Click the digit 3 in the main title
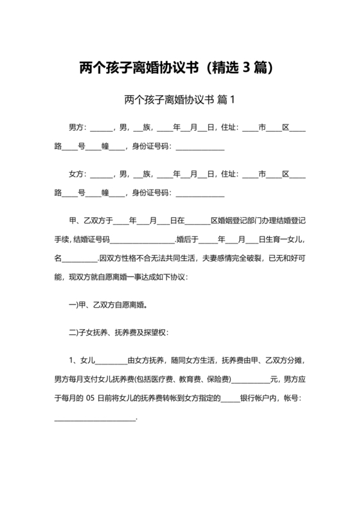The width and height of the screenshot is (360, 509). point(248,67)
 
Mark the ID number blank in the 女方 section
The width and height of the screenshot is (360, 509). point(200,193)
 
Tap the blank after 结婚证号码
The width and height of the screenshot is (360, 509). point(143,239)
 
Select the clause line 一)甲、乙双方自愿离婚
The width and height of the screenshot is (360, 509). point(111,305)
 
